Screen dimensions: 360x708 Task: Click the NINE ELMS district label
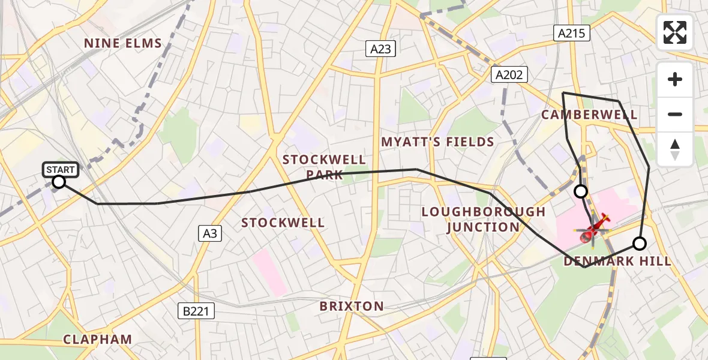[123, 43]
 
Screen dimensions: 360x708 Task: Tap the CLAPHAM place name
[98, 339]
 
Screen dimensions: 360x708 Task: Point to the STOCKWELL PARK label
[324, 167]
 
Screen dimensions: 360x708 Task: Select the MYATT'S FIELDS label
[437, 142]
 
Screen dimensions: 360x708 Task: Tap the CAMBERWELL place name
[589, 115]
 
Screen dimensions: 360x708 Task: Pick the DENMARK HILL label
[617, 261]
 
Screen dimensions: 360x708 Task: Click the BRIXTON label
[352, 306]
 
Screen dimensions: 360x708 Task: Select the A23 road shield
[381, 49]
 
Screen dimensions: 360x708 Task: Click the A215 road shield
[571, 34]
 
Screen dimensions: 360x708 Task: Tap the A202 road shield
[509, 74]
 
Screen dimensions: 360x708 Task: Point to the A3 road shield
[210, 233]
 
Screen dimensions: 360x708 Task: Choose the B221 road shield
[196, 310]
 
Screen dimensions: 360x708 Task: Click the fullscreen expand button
[675, 32]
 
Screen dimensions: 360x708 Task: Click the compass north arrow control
[675, 149]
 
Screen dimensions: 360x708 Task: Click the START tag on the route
[61, 170]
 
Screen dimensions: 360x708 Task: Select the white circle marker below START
[59, 182]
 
